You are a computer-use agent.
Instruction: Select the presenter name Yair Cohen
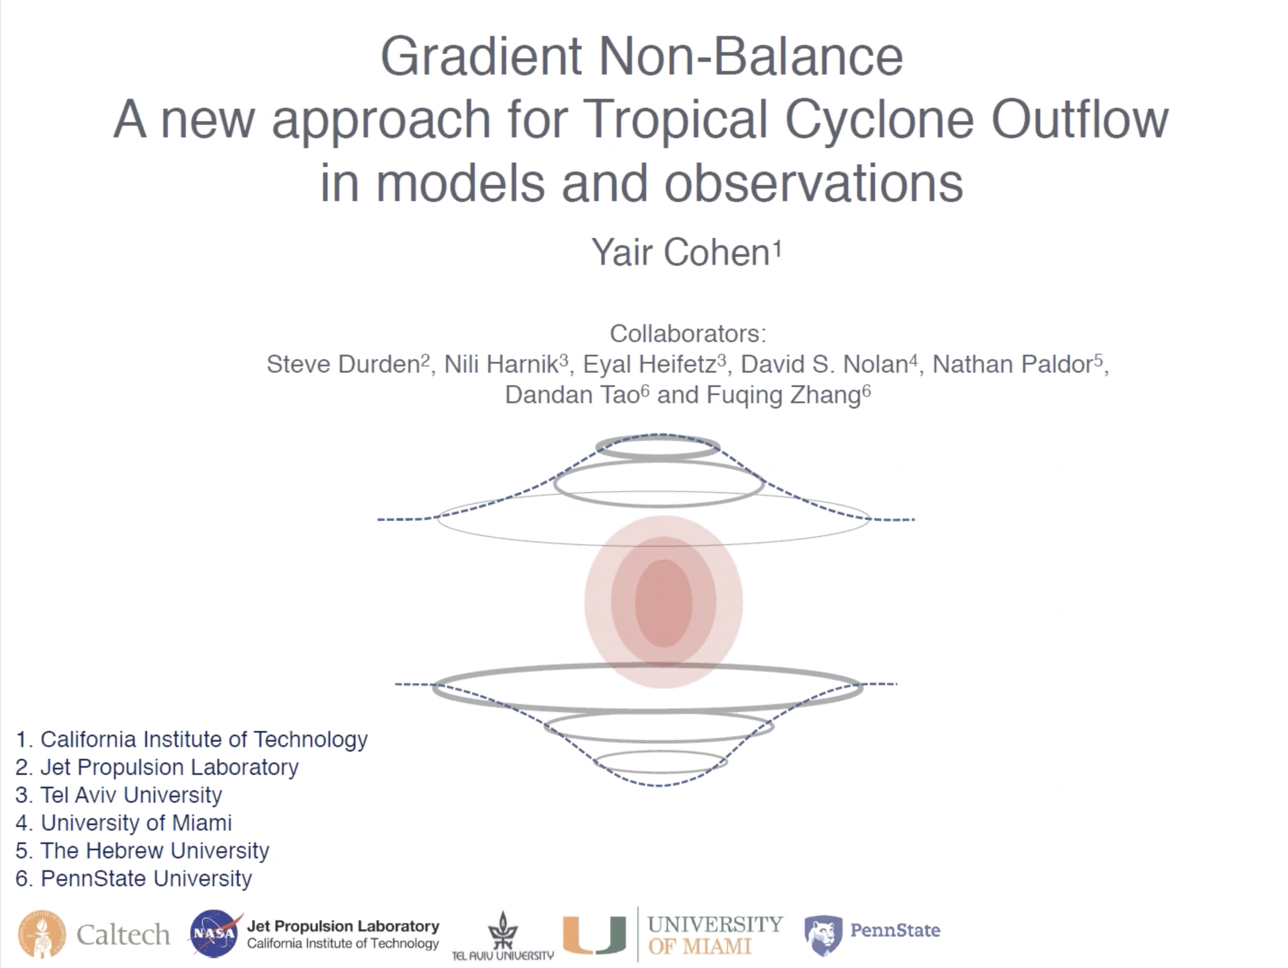pos(681,253)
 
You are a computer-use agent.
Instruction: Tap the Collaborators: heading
pos(688,334)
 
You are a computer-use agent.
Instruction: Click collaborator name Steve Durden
pos(344,365)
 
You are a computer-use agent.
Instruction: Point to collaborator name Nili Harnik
pos(501,365)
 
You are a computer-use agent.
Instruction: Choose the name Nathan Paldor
pos(1012,365)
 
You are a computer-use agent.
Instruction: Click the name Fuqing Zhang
pos(784,395)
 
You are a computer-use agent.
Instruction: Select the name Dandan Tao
pos(572,395)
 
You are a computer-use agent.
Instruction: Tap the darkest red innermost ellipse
pos(663,603)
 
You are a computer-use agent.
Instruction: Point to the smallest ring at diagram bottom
pos(660,772)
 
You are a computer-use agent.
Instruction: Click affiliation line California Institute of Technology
pos(192,739)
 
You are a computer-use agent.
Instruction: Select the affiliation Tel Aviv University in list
pos(119,795)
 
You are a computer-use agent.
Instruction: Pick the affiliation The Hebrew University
pos(142,851)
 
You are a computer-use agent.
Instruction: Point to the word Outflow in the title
pos(1081,119)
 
